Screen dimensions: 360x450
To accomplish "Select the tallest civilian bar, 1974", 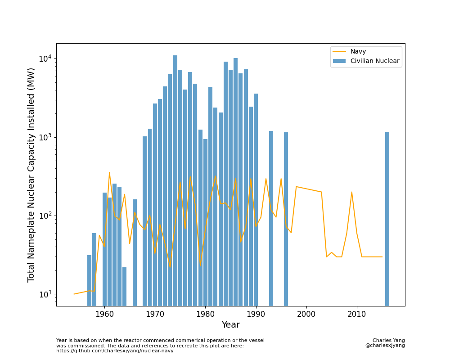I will pos(175,180).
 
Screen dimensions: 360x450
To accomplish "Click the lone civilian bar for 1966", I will pos(135,252).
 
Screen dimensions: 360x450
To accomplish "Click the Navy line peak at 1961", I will pos(109,172).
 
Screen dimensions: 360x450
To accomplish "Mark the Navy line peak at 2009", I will pos(352,192).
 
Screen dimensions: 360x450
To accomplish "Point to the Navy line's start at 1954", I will pos(74,294).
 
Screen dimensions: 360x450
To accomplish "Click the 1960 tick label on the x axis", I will pos(104,314).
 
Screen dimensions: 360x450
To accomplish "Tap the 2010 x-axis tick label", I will pos(357,314).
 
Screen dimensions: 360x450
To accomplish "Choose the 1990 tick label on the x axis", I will pos(256,314).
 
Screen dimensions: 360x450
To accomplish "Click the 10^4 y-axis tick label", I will pos(45,59).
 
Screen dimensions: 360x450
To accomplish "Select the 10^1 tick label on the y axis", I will pos(45,294).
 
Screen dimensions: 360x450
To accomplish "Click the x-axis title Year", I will pos(230,325).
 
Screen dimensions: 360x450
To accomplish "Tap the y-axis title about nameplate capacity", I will pos(31,175).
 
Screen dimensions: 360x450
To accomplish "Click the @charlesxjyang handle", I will pos(385,346).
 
